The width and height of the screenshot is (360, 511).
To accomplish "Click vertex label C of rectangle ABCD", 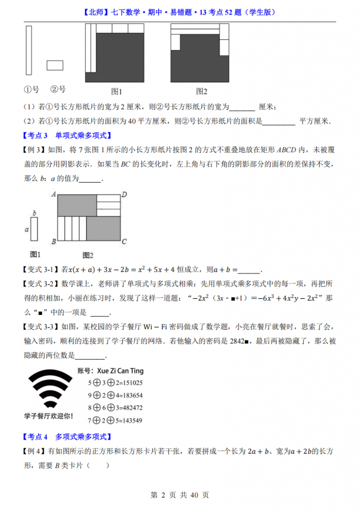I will point(125,242).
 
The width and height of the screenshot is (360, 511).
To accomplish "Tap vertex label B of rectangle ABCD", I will point(53,242).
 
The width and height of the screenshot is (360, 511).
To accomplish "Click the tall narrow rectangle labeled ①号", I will point(28,50).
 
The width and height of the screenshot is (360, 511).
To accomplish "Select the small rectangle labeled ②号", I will point(55,65).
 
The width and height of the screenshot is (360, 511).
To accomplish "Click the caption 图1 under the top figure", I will point(116,91).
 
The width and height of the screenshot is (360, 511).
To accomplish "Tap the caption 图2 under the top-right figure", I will point(201,91).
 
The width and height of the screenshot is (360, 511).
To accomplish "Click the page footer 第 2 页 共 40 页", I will point(180,495).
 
